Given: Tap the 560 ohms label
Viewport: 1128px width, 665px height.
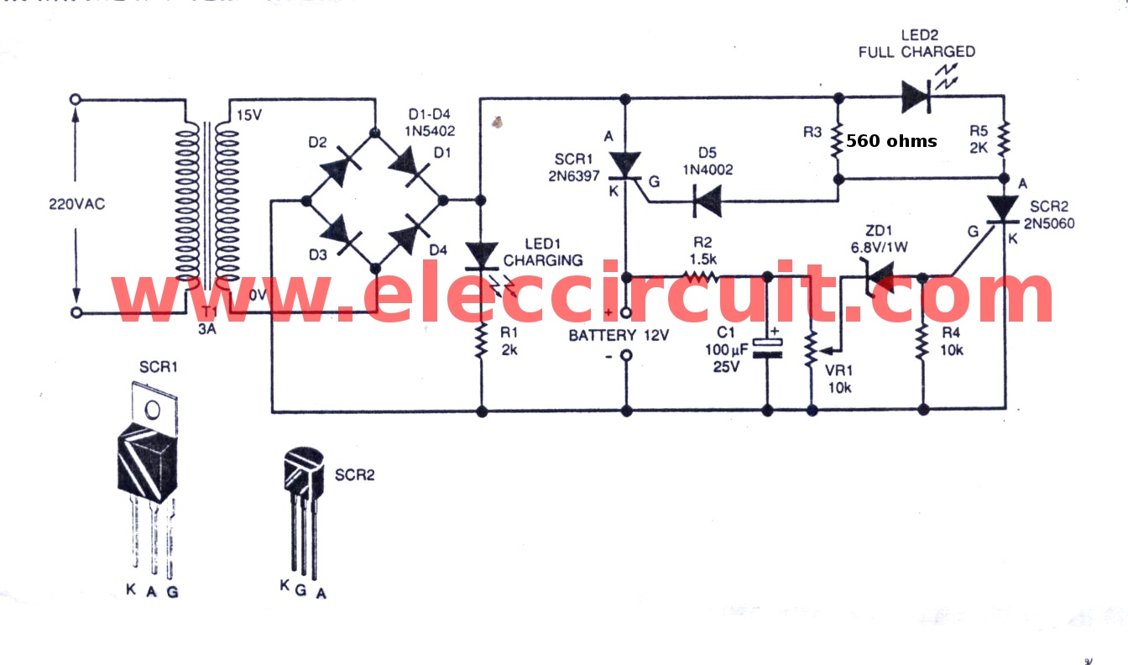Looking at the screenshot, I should point(890,141).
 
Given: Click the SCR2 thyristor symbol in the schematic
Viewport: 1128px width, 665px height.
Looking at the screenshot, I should point(1004,211).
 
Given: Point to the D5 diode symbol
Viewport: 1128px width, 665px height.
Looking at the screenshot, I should point(702,202).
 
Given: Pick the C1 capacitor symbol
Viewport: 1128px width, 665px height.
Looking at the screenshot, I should point(768,348).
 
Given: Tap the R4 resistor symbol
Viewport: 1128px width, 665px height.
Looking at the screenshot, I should point(922,343).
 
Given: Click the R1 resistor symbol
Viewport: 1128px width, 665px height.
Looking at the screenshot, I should point(482,342).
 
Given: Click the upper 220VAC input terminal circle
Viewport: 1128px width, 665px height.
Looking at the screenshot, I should point(76,99).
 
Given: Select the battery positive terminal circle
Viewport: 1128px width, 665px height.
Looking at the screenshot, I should point(626,313).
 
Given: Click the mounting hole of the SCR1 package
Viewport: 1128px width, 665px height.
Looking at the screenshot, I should point(152,411).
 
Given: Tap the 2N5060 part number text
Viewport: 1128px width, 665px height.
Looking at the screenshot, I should point(1049,223).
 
